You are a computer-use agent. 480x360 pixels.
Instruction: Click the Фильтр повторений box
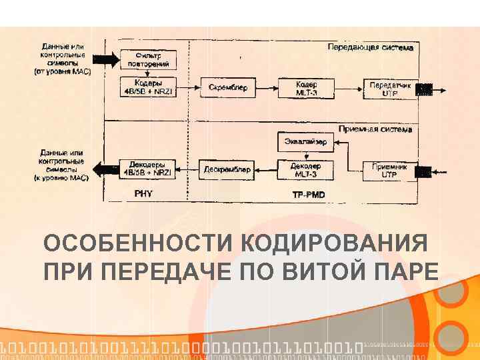[148, 59]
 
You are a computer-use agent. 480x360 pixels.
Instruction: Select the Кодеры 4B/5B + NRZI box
[148, 87]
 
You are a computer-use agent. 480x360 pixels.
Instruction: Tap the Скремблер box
[228, 87]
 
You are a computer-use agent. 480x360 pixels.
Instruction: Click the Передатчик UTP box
[390, 88]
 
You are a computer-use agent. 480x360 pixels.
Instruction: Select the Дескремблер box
[227, 169]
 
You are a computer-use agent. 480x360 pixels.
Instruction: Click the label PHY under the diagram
[144, 194]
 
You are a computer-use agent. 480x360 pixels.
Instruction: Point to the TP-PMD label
[308, 195]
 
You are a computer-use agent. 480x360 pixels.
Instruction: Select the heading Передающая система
[371, 47]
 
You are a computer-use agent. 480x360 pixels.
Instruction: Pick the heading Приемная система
[375, 129]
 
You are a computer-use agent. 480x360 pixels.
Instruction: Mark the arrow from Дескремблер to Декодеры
[186, 170]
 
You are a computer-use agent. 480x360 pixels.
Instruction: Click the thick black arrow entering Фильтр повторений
[105, 59]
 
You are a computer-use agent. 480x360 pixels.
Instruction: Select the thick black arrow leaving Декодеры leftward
[105, 169]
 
